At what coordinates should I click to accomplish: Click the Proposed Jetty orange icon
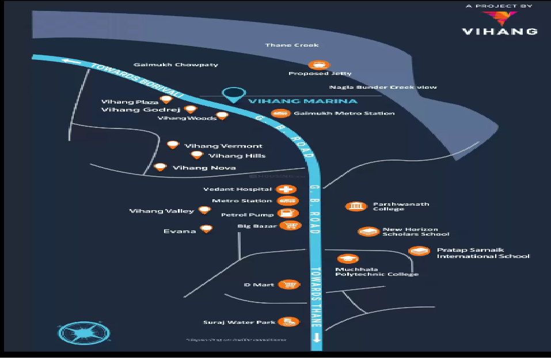319,65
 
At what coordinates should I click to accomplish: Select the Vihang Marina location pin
234,94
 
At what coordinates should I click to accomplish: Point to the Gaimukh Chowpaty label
176,65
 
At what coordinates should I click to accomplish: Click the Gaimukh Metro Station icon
280,113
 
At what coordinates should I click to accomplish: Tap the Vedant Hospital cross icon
286,189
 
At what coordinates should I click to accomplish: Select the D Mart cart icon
288,285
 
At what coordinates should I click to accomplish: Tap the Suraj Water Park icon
288,322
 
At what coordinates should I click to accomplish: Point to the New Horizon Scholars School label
415,232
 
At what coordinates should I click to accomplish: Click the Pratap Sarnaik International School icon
419,251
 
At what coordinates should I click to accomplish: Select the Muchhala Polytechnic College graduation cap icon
347,259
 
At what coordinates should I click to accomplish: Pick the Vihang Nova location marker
161,167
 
